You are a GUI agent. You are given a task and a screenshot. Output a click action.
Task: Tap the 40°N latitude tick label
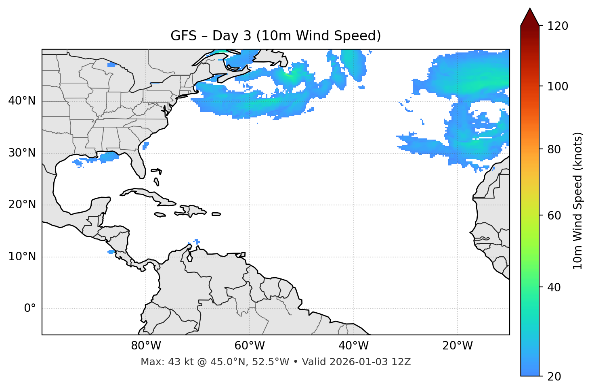(x=22, y=101)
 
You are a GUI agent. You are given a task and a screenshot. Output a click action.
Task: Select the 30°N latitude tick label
(x=22, y=153)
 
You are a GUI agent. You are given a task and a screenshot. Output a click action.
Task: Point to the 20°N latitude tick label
(x=22, y=205)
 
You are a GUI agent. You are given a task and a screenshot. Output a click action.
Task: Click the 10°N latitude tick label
(x=22, y=257)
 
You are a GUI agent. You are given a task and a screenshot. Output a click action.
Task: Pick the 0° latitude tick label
(x=30, y=309)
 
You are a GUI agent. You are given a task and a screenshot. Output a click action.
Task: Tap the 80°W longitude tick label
(x=146, y=346)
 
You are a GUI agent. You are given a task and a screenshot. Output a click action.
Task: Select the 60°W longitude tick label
(x=250, y=346)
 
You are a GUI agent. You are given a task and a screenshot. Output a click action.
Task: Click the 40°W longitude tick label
(x=353, y=346)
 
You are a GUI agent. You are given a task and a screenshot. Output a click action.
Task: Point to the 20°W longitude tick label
(x=457, y=346)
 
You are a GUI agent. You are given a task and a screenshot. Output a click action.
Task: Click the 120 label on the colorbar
(x=558, y=26)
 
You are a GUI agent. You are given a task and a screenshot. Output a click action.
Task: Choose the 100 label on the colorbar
(x=558, y=86)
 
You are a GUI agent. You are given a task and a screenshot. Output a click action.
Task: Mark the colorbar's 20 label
(x=554, y=376)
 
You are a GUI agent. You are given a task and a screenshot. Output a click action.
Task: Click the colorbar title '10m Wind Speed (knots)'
(x=578, y=201)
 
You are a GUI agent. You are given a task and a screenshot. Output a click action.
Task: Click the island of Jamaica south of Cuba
(x=160, y=215)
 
